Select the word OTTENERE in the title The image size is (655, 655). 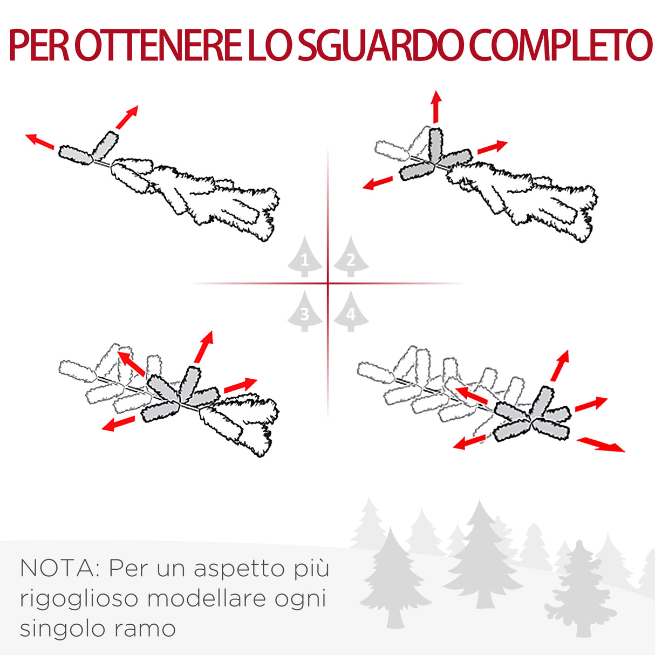pyautogui.click(x=156, y=46)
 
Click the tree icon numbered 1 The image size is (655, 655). pyautogui.click(x=305, y=258)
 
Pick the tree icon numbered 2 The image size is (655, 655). pyautogui.click(x=351, y=258)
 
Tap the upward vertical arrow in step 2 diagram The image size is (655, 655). pyautogui.click(x=436, y=107)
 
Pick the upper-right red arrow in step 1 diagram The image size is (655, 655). pyautogui.click(x=127, y=117)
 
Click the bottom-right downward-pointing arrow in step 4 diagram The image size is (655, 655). pyautogui.click(x=601, y=445)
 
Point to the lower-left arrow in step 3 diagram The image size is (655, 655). pyautogui.click(x=118, y=424)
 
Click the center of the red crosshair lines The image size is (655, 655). pyautogui.click(x=327, y=283)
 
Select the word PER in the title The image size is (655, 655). pyautogui.click(x=39, y=46)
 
